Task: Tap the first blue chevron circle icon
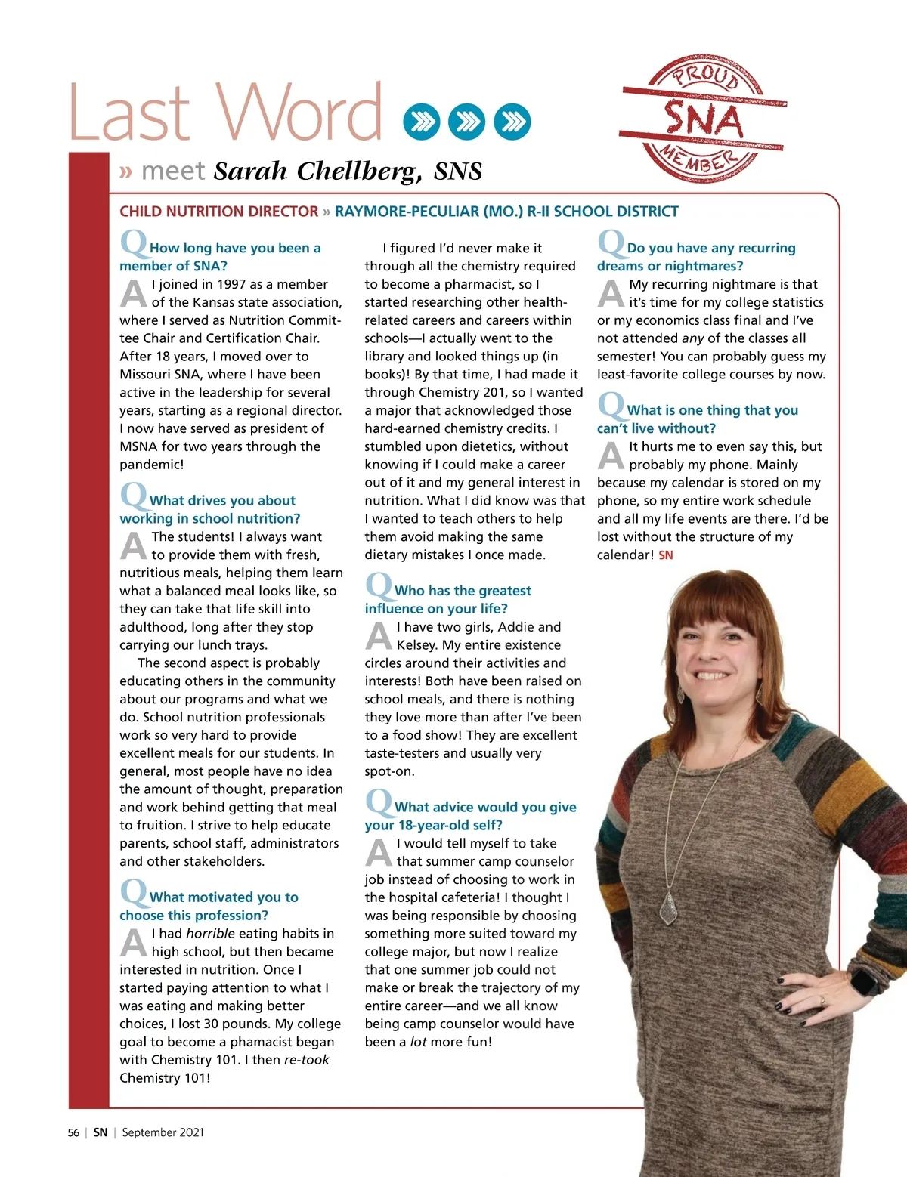421,122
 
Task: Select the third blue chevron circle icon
512,122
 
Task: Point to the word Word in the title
302,113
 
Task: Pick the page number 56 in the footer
73,1132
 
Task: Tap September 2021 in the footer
163,1132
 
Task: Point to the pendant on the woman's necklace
668,908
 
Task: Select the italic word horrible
210,934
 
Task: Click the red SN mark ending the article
665,555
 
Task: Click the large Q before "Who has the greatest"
378,585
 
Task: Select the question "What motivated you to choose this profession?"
209,906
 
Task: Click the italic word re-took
306,1060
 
